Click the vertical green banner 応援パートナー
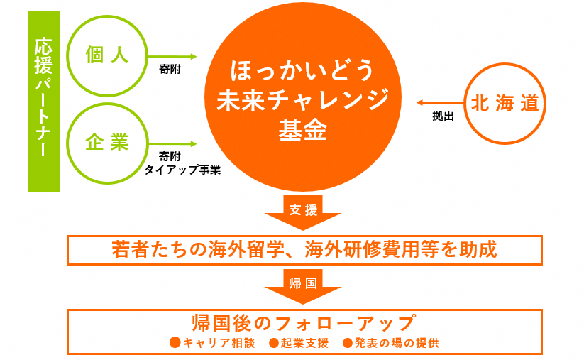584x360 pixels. [43, 101]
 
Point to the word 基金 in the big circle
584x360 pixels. [303, 130]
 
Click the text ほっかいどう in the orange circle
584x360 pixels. [302, 70]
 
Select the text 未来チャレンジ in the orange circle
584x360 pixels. [303, 100]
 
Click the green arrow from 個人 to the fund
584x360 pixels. [172, 57]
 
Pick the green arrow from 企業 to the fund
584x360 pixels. [172, 144]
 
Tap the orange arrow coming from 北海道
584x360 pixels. [440, 102]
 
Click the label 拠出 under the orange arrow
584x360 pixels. [443, 116]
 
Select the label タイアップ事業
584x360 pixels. [182, 170]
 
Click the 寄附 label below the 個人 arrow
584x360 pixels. [170, 69]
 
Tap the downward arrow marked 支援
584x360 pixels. [303, 213]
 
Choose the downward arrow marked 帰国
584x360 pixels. [303, 287]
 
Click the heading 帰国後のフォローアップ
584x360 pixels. [304, 323]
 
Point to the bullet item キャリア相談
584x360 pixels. [212, 343]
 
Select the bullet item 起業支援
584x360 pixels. [299, 343]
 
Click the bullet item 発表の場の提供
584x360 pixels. [391, 343]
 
